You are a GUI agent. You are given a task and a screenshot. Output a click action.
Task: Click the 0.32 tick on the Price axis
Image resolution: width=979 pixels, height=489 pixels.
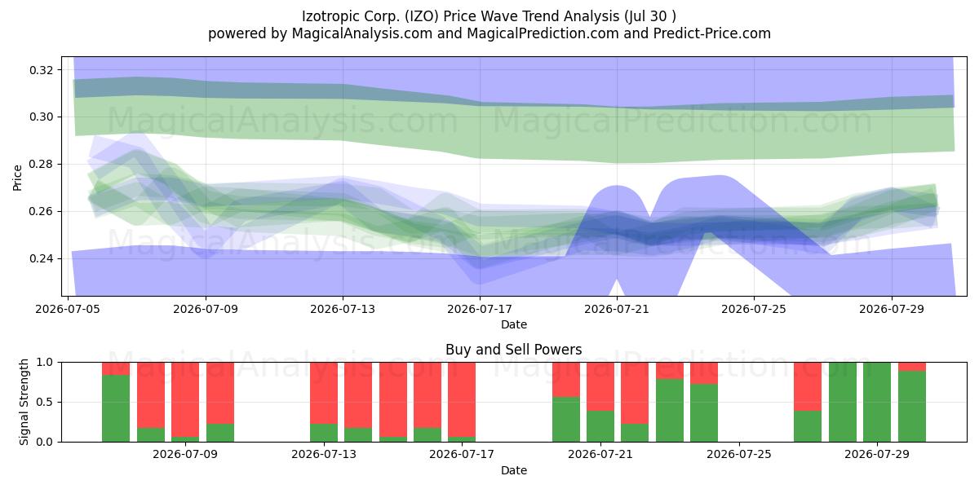click(42, 70)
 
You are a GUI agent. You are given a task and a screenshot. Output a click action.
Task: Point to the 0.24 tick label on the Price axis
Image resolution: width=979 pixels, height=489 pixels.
click(42, 259)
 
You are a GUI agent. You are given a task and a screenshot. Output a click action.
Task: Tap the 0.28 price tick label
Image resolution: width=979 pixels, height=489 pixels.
click(42, 164)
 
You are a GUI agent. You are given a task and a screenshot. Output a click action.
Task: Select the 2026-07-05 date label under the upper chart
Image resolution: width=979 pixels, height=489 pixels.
click(68, 309)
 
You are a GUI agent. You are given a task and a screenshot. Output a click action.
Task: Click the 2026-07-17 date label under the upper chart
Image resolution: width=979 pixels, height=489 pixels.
click(480, 309)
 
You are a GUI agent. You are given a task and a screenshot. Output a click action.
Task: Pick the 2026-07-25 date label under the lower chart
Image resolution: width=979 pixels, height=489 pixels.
click(739, 454)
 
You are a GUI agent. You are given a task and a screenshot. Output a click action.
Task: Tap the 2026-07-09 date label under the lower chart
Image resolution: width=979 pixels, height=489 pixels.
click(185, 454)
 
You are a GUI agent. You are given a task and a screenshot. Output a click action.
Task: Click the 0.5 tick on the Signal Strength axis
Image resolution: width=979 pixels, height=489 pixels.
click(45, 402)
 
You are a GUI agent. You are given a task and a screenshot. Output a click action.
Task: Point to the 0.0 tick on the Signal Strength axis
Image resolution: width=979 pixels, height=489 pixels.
click(45, 442)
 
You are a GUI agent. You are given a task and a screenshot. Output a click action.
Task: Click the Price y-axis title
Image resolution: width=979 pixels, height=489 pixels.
click(17, 178)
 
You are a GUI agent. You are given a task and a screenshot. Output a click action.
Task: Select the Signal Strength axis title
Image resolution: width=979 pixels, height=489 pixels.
click(24, 402)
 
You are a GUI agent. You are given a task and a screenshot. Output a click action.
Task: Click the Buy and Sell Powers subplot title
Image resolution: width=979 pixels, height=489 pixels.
click(513, 350)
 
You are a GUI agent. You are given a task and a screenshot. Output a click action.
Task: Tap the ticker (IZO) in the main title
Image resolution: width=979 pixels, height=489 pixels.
click(421, 16)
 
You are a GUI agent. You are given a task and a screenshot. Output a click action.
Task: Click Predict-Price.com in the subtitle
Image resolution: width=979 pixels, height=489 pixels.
click(712, 33)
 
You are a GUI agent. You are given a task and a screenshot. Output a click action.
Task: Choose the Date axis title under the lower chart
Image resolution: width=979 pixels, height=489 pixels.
click(513, 470)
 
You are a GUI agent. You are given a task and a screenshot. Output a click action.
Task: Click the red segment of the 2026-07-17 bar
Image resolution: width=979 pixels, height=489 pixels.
click(462, 400)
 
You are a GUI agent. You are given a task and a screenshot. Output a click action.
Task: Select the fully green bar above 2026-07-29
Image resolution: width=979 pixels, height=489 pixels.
click(877, 402)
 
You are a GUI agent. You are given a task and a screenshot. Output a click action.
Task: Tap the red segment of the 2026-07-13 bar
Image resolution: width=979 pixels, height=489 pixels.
click(324, 393)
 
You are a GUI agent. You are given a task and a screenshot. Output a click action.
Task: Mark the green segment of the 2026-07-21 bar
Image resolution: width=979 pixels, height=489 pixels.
click(600, 426)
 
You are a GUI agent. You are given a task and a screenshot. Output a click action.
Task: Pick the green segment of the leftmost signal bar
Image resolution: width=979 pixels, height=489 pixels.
click(116, 408)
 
